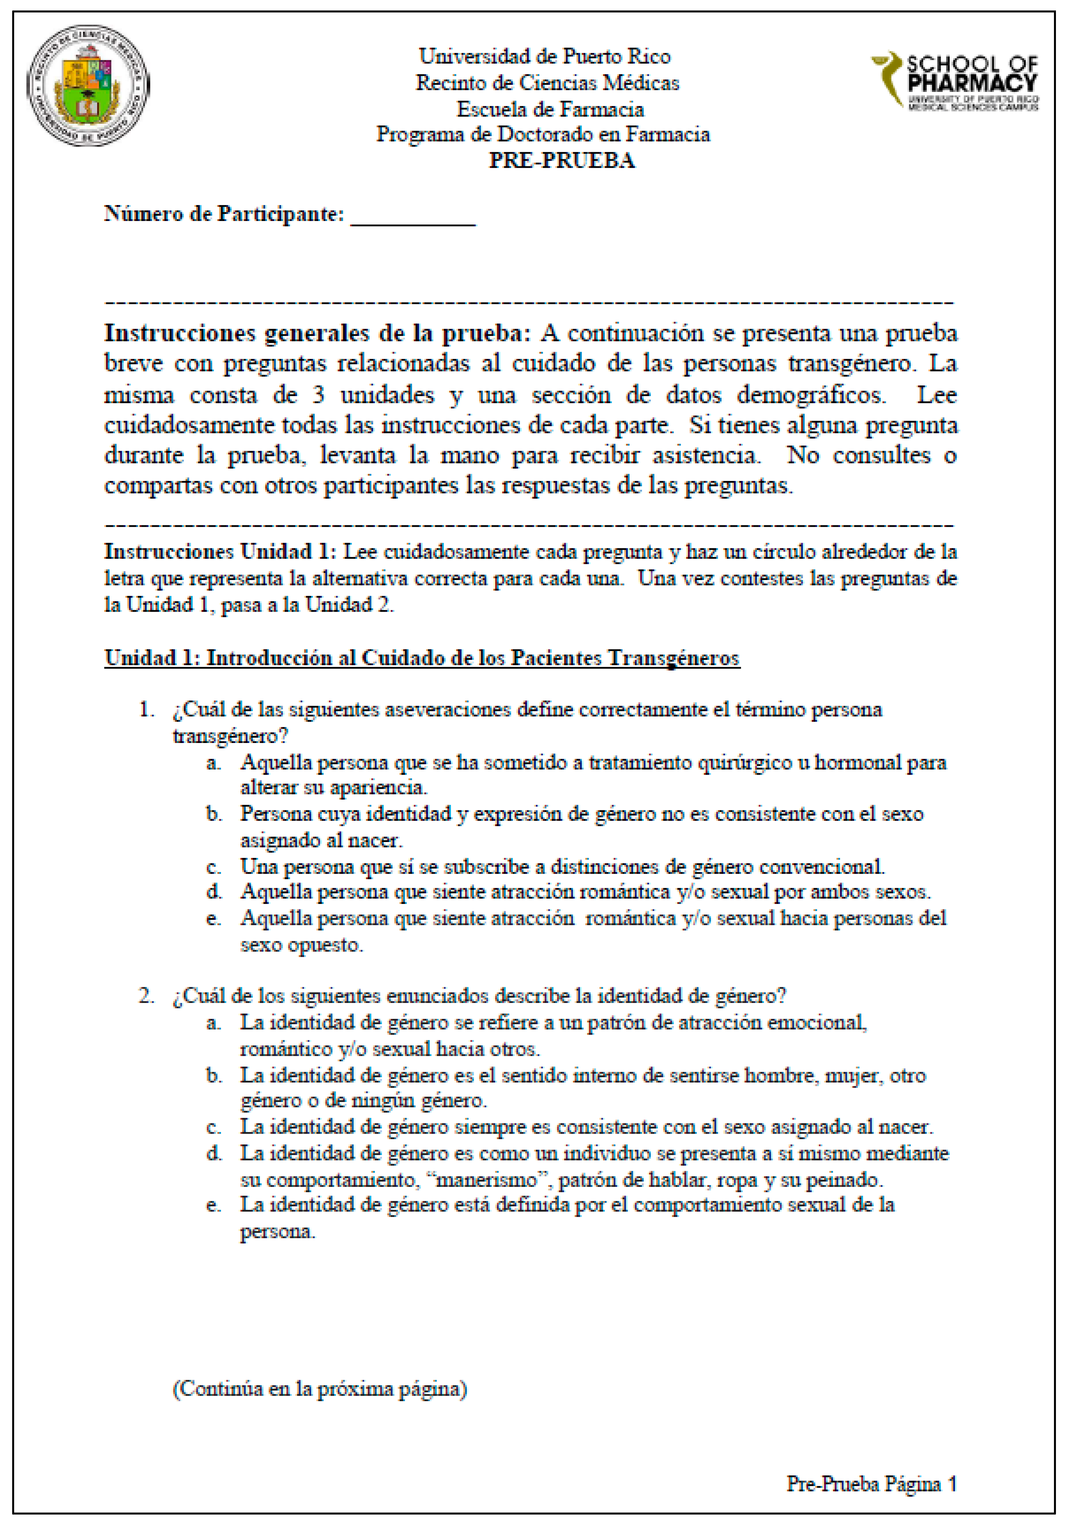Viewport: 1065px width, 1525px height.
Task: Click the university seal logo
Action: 88,86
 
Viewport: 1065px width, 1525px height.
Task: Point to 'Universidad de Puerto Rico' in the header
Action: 544,57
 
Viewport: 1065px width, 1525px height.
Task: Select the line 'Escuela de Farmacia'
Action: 550,109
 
